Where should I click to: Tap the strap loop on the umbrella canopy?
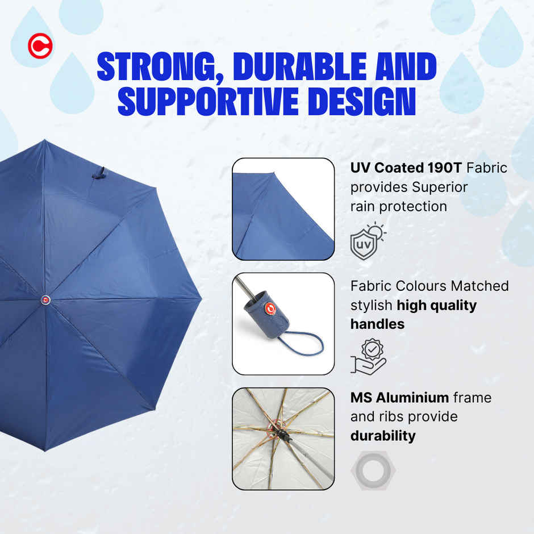99,173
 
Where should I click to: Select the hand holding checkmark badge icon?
368,356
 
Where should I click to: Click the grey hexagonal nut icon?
373,470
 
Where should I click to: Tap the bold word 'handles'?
377,324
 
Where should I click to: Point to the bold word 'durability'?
382,436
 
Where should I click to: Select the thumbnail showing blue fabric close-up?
283,209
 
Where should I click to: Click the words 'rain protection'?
398,206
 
